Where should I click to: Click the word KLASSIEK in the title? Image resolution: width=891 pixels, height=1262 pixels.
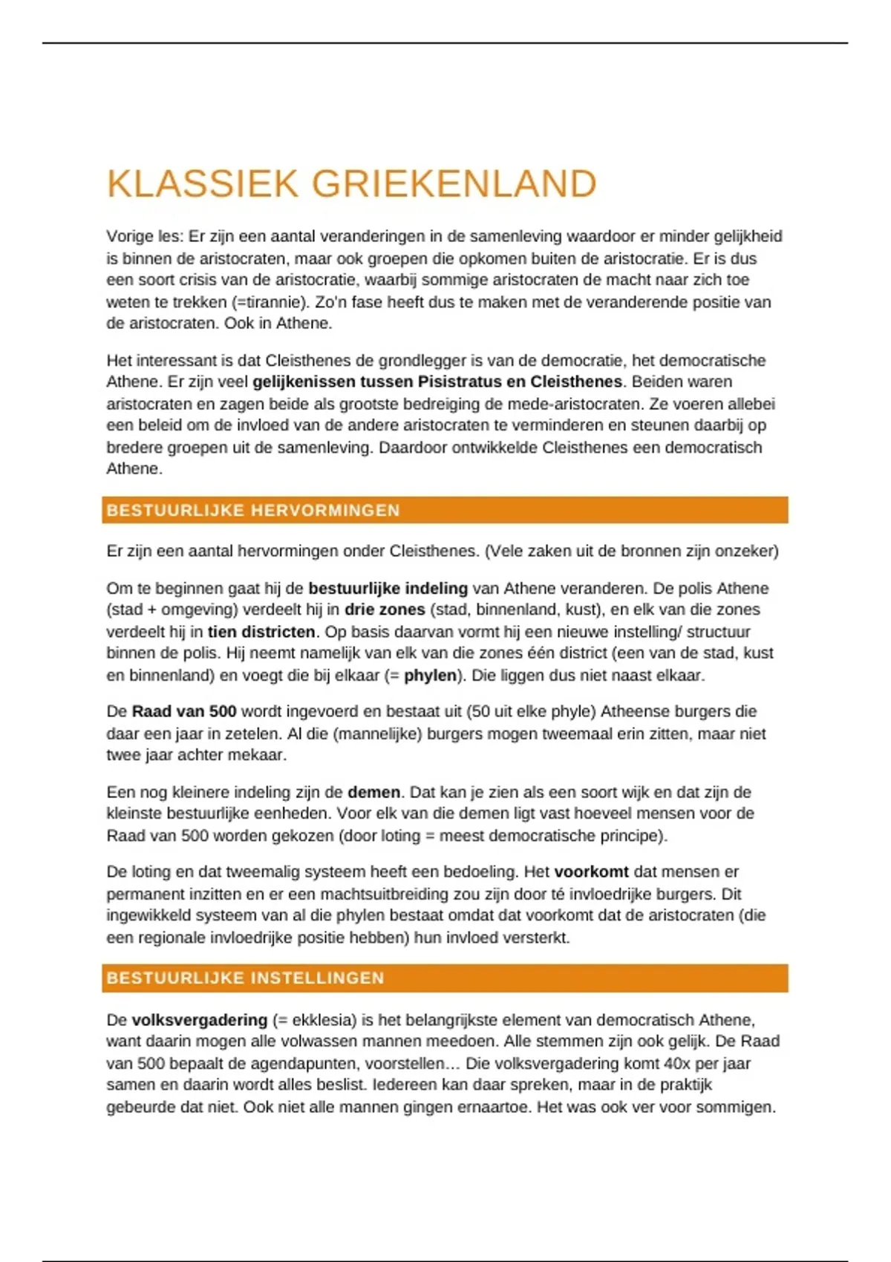coord(202,184)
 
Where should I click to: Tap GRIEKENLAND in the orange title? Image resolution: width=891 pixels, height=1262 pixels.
coord(454,184)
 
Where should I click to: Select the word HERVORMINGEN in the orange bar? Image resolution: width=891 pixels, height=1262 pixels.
coord(326,511)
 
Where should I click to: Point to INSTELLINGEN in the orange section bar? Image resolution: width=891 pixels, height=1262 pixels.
coord(316,978)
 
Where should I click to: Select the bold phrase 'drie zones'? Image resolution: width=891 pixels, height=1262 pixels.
coord(385,609)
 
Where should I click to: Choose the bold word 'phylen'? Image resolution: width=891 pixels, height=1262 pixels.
coord(430,676)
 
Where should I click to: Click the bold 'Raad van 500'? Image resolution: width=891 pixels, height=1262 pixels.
coord(184,711)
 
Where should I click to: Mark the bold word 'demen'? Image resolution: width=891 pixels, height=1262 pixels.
coord(373,792)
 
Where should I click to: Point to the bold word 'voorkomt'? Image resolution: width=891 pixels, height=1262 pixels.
coord(591,872)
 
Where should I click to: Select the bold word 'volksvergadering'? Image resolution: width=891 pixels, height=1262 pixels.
coord(199,1020)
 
